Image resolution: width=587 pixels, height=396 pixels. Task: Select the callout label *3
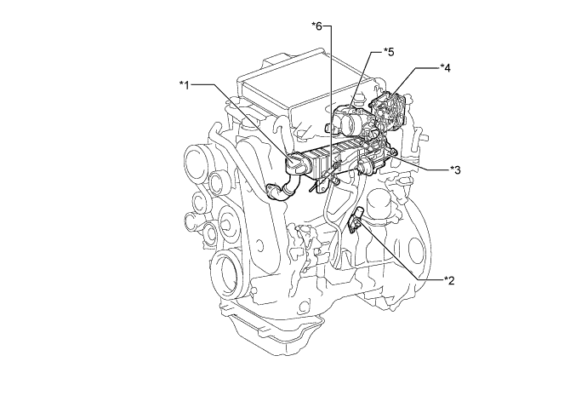click(x=455, y=169)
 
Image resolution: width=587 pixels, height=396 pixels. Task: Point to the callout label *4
click(x=446, y=66)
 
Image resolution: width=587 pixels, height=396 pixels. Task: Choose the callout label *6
click(x=319, y=26)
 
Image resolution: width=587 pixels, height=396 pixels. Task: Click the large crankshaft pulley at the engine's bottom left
click(x=231, y=274)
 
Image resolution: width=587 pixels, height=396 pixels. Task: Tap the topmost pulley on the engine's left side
click(x=195, y=160)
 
